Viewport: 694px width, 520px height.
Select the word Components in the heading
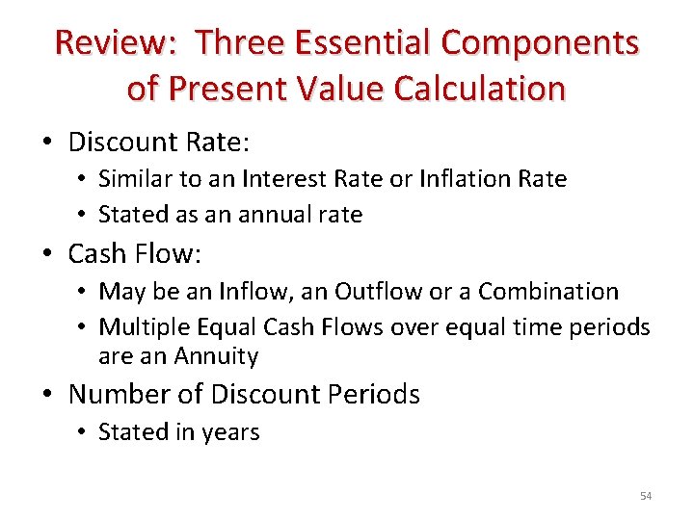pos(539,43)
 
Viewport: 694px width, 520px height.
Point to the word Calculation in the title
pos(465,89)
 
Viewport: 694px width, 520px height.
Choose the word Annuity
pos(216,356)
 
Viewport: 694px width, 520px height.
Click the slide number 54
pos(646,496)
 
